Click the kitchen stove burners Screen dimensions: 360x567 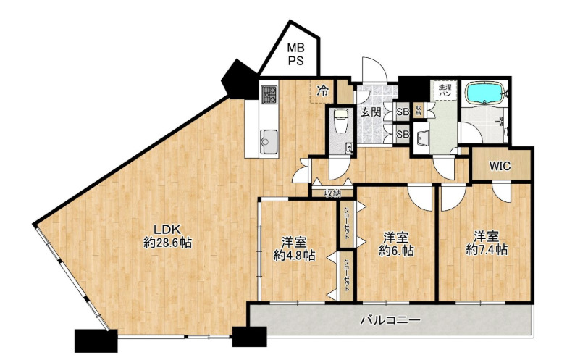point(269,94)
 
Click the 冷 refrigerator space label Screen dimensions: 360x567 point(323,91)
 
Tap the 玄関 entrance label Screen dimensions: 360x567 point(371,112)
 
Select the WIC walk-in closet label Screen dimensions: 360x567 point(500,166)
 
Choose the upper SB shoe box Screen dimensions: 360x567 point(403,112)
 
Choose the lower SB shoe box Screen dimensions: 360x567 point(403,135)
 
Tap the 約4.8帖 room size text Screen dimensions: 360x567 point(294,254)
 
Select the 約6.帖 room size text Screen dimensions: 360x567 point(396,251)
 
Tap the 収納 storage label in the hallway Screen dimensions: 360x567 point(333,193)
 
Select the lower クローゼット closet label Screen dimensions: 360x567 point(347,275)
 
